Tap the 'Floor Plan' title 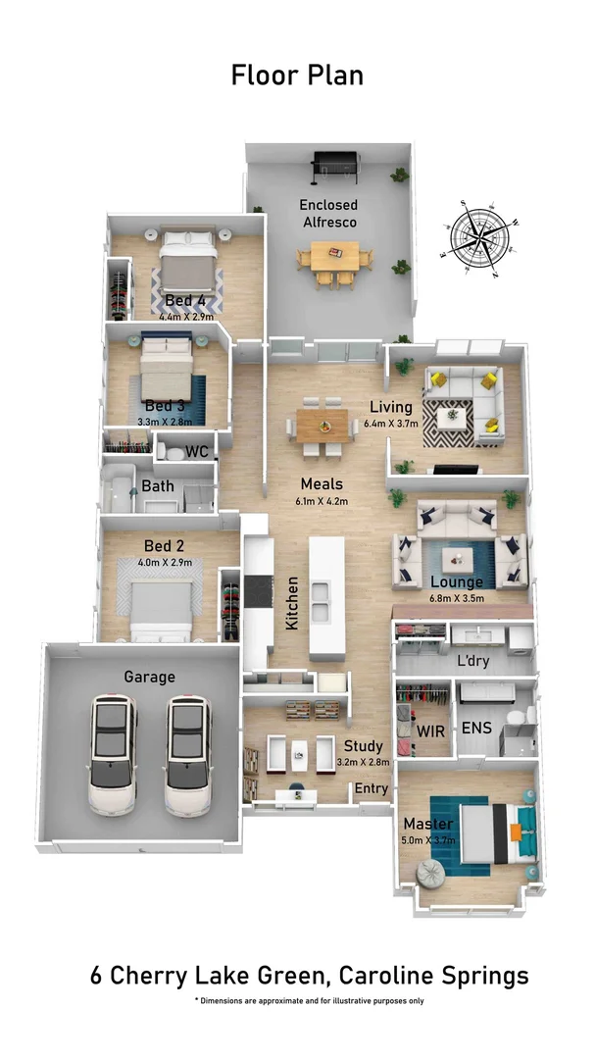297,75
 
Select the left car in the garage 114,754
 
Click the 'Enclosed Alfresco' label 328,214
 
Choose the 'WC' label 197,452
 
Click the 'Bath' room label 158,485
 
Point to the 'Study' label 363,746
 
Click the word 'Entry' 372,788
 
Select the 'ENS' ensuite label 476,728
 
